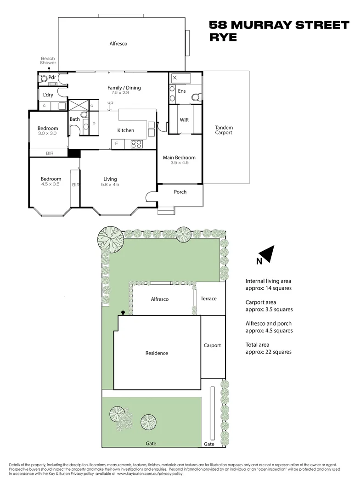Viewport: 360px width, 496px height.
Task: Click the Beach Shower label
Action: pos(48,61)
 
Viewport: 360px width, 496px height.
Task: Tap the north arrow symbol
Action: pos(267,254)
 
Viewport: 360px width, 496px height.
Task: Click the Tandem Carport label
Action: pos(224,130)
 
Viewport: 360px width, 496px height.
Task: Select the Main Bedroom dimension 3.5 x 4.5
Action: pos(179,163)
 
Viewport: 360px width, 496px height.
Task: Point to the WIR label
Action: pos(184,120)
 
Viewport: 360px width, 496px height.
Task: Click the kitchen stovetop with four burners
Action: pos(137,144)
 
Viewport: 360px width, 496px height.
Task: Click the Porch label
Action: pos(180,192)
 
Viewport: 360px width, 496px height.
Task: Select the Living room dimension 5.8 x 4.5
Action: pos(110,185)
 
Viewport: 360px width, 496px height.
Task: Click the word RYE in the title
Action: pos(223,38)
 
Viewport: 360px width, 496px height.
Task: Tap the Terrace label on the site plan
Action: pos(208,299)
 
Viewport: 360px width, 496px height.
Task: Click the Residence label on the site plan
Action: pos(157,353)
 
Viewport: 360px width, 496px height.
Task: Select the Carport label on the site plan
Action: pos(212,345)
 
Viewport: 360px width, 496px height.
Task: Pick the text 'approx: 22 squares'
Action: pos(269,352)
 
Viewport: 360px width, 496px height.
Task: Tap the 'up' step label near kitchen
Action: pos(110,102)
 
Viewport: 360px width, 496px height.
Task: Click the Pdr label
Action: pos(52,78)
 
